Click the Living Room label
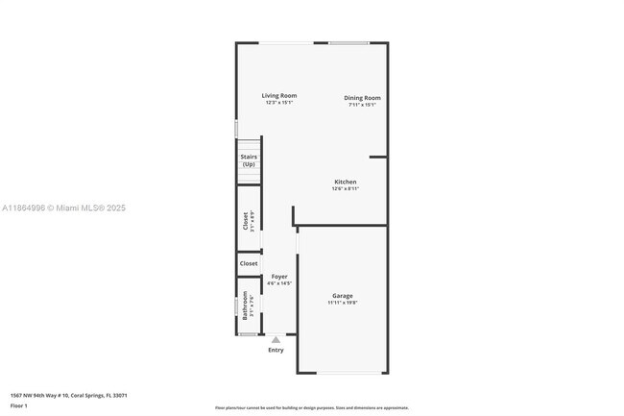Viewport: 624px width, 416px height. (279, 95)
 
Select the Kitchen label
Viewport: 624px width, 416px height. (345, 182)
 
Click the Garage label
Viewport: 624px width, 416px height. (342, 295)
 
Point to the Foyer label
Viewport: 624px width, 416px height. (278, 276)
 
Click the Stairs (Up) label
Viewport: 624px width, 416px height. (249, 159)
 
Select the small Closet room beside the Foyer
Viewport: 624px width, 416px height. (249, 262)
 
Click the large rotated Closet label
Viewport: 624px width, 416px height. (246, 221)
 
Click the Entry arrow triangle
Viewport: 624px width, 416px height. (276, 339)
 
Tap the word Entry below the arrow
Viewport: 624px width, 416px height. (276, 350)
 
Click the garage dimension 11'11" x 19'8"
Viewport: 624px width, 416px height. (342, 303)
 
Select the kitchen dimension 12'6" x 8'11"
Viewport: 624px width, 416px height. (345, 189)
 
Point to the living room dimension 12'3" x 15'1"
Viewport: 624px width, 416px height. (279, 104)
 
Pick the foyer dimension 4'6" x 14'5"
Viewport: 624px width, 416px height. (278, 283)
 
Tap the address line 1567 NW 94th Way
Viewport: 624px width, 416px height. (68, 395)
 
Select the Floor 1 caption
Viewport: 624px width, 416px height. (18, 405)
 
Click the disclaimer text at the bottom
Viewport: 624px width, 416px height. (311, 408)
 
